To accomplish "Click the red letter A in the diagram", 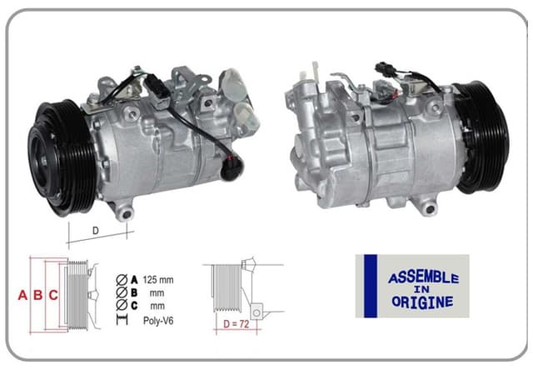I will [23, 294].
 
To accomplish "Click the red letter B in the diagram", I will [37, 294].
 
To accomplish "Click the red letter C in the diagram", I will [52, 294].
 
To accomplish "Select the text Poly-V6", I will [158, 320].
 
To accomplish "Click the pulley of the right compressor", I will [481, 136].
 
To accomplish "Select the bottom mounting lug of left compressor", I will [125, 212].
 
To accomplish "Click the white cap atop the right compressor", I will [316, 72].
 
